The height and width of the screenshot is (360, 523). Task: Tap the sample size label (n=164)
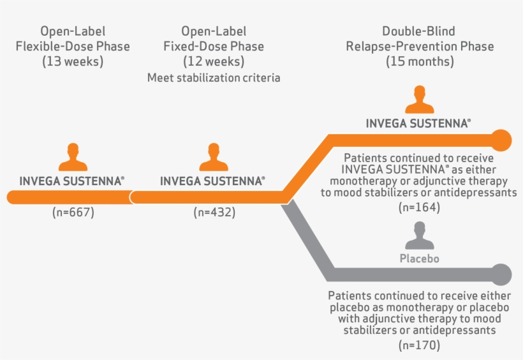(x=419, y=207)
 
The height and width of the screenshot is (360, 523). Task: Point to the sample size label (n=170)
(x=419, y=345)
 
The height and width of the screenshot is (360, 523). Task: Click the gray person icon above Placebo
(x=419, y=237)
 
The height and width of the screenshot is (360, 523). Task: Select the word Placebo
(x=419, y=259)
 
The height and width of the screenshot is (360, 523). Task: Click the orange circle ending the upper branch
(x=501, y=139)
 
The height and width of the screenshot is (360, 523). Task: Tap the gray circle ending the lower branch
(x=501, y=274)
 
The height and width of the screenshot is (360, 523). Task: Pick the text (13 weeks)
(x=73, y=62)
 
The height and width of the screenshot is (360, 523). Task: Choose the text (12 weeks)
(x=214, y=62)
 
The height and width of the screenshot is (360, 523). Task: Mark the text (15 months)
(x=419, y=62)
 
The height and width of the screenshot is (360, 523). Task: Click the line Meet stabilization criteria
(x=214, y=78)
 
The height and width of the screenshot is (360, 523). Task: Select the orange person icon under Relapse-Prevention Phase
(x=419, y=100)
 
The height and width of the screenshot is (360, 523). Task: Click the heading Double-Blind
(x=419, y=31)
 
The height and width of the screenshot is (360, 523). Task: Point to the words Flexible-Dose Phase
(x=73, y=46)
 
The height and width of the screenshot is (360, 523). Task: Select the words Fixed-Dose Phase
(x=214, y=46)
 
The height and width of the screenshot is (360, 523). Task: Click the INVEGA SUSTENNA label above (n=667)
(x=71, y=181)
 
